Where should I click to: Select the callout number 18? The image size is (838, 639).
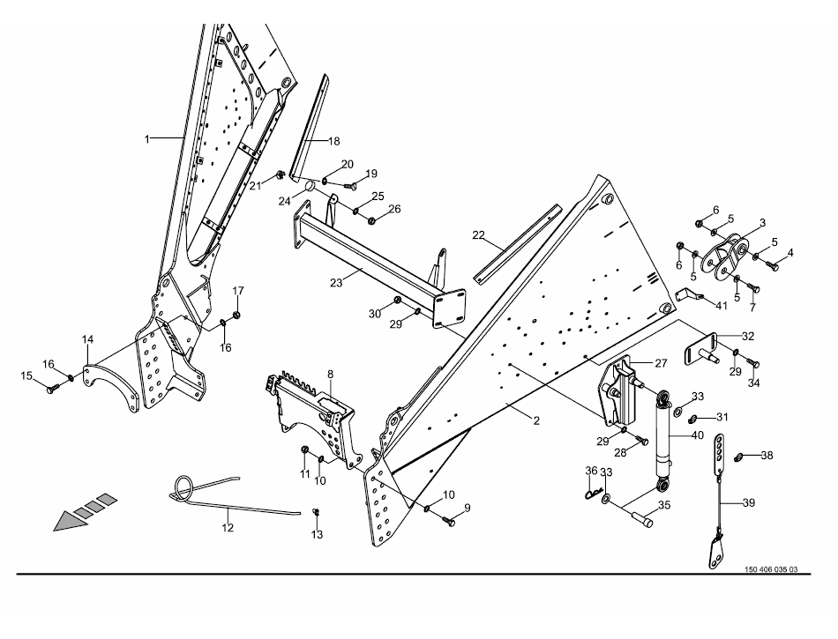(x=333, y=141)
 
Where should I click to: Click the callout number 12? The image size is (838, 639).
(x=228, y=528)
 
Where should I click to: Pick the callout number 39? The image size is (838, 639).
(x=749, y=503)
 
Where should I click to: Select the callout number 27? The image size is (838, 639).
(x=662, y=361)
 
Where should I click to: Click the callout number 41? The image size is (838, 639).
(x=722, y=305)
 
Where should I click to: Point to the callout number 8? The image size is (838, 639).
(x=330, y=374)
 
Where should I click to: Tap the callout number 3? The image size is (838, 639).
(x=762, y=223)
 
